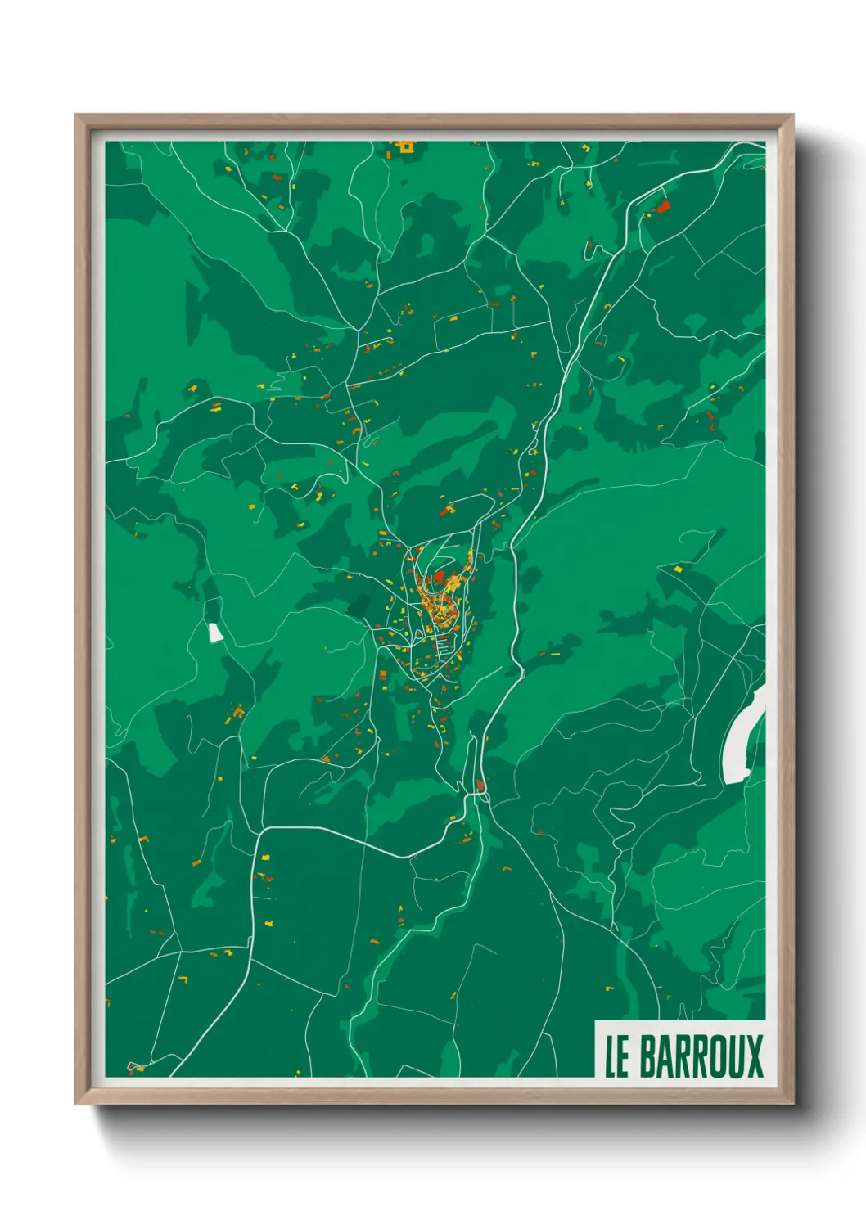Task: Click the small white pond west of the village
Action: tap(215, 633)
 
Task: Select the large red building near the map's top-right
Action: tap(663, 207)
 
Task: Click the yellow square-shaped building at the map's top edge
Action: tap(404, 147)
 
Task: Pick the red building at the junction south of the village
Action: tap(481, 787)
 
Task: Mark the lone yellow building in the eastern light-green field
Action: tap(677, 568)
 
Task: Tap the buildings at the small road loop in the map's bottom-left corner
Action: tap(135, 1067)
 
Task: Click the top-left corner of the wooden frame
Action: tap(76, 115)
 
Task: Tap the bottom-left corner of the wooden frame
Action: tap(76, 1104)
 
